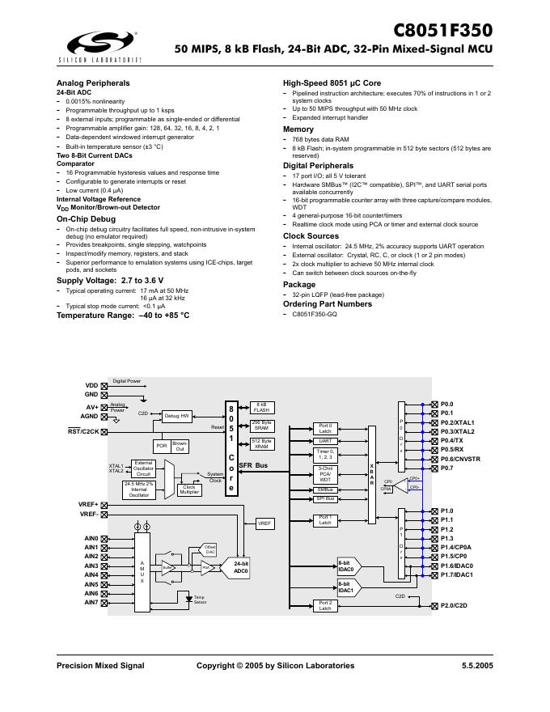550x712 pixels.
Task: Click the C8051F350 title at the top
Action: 442,31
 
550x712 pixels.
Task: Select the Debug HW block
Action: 177,416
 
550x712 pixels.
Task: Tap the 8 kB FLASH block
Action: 262,407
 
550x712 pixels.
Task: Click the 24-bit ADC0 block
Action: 241,566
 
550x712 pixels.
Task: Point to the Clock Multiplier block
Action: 190,489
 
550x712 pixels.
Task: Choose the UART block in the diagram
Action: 325,441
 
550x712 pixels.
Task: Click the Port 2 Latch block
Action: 325,605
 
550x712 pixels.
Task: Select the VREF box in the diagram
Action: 264,523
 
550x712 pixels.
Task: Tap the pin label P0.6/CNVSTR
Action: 460,459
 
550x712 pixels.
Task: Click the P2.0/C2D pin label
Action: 454,605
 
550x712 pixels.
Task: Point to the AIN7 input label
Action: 91,603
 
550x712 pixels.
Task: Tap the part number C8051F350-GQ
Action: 315,314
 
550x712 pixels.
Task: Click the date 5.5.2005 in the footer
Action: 475,665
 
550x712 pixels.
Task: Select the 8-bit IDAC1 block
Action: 345,587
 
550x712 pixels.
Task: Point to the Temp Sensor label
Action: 200,600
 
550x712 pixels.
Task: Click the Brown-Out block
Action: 180,446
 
